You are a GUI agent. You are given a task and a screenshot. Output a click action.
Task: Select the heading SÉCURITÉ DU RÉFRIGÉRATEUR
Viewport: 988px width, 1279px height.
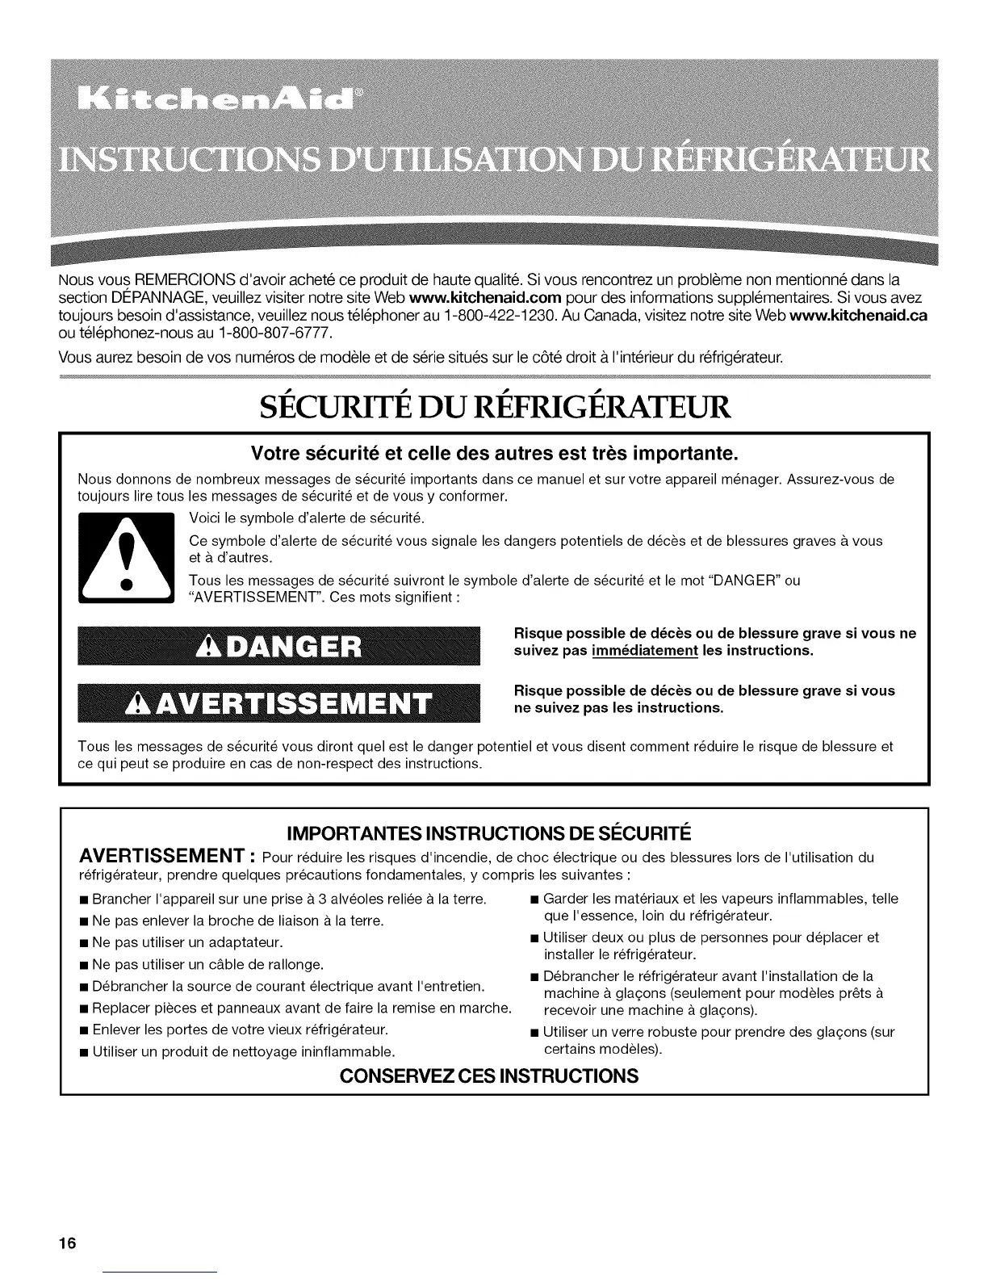tap(494, 405)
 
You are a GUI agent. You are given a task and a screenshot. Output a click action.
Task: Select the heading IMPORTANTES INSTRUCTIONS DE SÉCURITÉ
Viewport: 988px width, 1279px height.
tap(494, 832)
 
